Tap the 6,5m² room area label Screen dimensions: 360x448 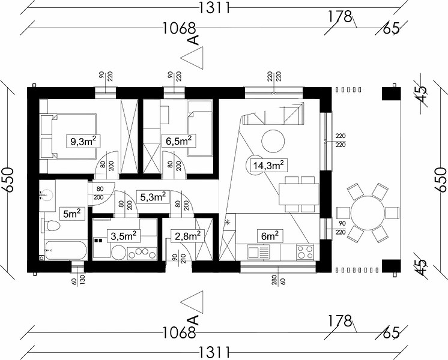179,142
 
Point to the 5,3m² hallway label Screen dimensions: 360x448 153,197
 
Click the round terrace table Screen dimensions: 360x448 367,213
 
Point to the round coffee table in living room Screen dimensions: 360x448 273,141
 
